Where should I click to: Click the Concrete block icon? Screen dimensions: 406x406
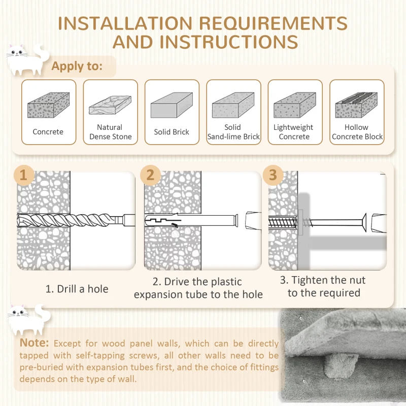coord(48,105)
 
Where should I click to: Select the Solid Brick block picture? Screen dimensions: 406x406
coord(172,105)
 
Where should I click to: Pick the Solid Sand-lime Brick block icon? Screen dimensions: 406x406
coord(233,105)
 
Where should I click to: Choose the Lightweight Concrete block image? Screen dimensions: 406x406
coord(294,105)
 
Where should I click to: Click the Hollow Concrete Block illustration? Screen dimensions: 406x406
coord(356,105)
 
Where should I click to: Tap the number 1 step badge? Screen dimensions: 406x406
coord(23,175)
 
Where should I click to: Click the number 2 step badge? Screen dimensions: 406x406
coord(150,175)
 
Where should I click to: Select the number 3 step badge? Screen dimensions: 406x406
coord(273,175)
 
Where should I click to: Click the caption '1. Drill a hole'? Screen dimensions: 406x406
coord(77,289)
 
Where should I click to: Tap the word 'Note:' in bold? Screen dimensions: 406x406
coord(35,343)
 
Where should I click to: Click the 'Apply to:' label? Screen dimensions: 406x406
coord(77,66)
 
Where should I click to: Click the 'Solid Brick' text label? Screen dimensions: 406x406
coord(172,132)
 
